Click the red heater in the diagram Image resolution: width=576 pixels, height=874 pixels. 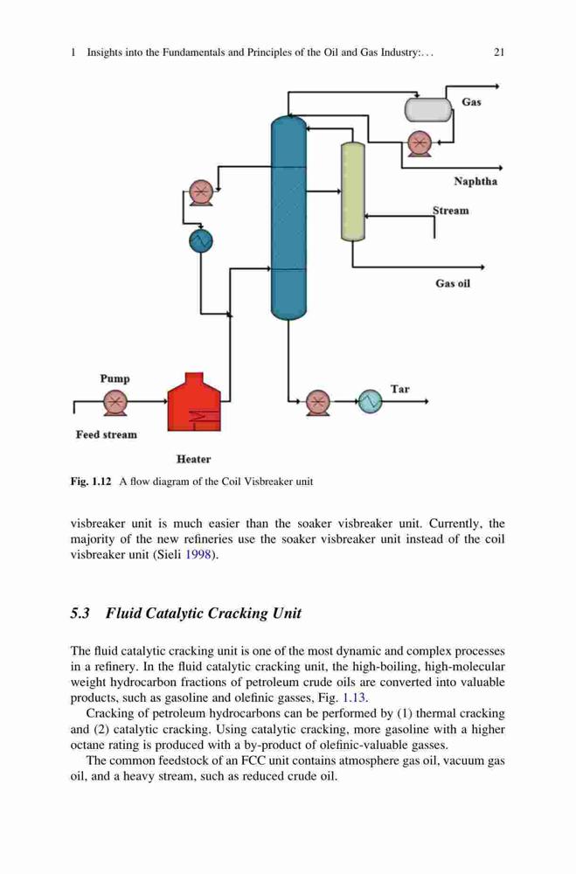194,402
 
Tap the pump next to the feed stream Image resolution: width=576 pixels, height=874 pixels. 115,402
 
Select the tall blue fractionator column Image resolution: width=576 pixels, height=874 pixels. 288,218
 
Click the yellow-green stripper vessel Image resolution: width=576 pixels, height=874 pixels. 352,191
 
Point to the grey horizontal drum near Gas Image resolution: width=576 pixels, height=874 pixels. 428,110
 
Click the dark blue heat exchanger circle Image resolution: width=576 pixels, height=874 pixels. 201,241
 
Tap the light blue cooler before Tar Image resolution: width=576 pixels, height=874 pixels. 370,401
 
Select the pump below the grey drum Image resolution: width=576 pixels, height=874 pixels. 419,144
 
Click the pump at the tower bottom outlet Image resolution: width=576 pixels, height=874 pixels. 318,402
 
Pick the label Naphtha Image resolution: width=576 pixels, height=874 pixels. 475,182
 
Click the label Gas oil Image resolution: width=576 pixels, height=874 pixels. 453,284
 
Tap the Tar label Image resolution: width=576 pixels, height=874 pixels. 399,389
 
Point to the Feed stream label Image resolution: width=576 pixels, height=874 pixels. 107,434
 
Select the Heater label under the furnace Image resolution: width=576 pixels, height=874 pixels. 193,460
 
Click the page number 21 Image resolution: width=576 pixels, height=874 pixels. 499,52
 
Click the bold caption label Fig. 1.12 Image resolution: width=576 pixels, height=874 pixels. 91,482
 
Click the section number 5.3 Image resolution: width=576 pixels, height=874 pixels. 80,614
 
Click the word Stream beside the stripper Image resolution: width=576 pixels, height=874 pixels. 450,211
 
